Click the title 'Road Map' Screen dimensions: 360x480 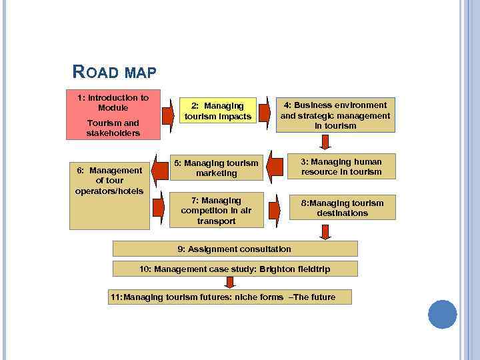click(x=113, y=71)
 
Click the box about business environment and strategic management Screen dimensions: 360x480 click(x=335, y=115)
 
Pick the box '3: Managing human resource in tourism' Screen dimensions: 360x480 click(x=342, y=167)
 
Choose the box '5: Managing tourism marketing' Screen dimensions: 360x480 click(x=216, y=168)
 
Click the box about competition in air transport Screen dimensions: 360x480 click(x=216, y=210)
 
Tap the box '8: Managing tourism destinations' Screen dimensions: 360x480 click(x=342, y=208)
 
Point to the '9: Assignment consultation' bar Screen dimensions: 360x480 click(x=235, y=249)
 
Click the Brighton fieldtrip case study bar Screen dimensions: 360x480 click(x=235, y=269)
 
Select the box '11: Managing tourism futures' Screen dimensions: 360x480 click(x=230, y=297)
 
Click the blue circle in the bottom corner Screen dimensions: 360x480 click(x=442, y=314)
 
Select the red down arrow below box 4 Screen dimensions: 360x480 click(x=325, y=142)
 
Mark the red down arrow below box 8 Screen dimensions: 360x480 click(x=325, y=231)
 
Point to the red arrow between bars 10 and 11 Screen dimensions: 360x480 click(x=230, y=283)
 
